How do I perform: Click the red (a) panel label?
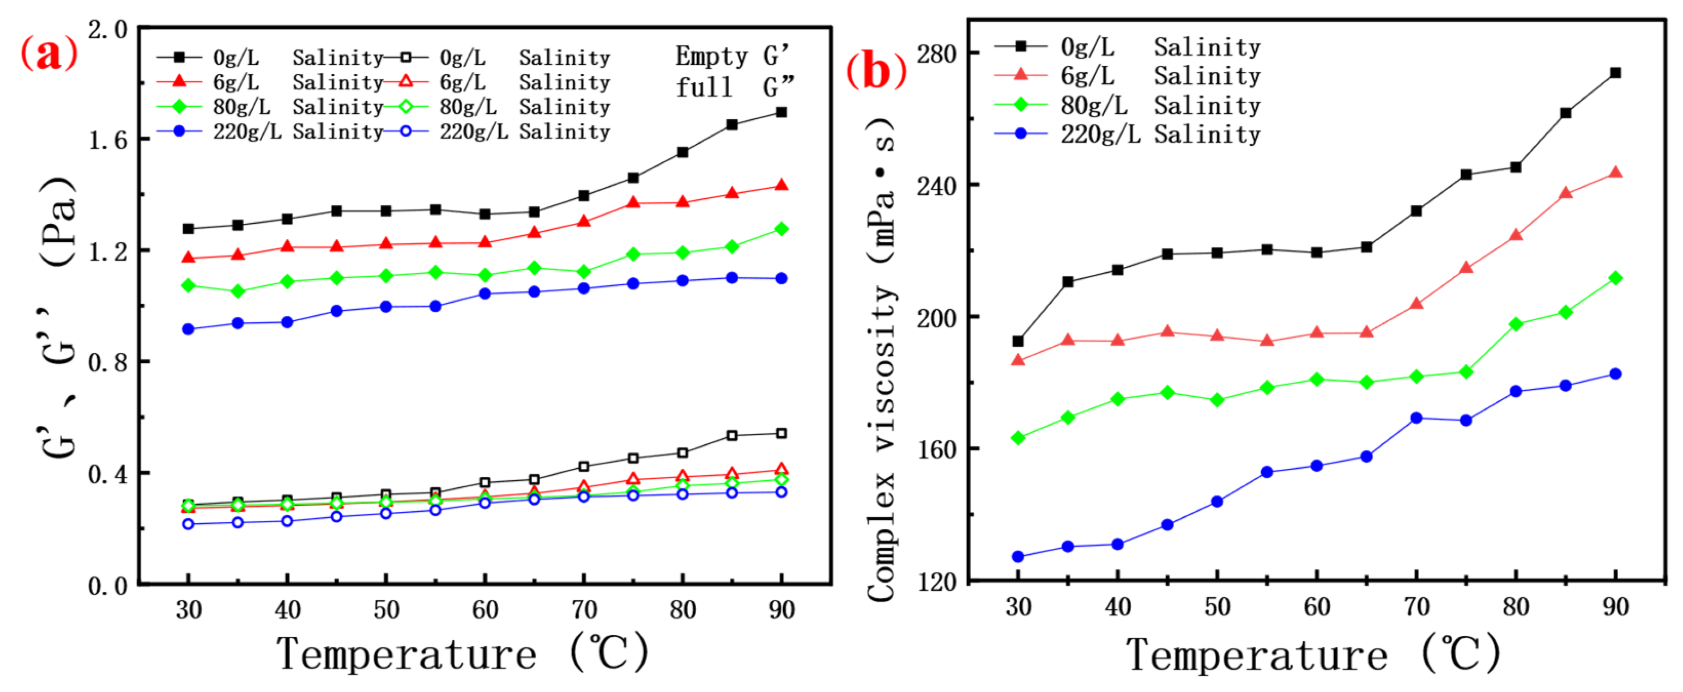pyautogui.click(x=49, y=53)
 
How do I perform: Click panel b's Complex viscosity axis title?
pyautogui.click(x=881, y=359)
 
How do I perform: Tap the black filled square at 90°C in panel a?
pyautogui.click(x=781, y=112)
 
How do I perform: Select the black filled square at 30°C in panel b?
pyautogui.click(x=1018, y=341)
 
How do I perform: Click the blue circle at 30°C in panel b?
pyautogui.click(x=1018, y=557)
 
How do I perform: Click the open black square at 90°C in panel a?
pyautogui.click(x=781, y=433)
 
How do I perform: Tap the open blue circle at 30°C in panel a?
pyautogui.click(x=188, y=524)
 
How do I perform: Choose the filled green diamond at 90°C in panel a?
pyautogui.click(x=781, y=229)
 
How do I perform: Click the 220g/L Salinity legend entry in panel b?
pyautogui.click(x=1127, y=134)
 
